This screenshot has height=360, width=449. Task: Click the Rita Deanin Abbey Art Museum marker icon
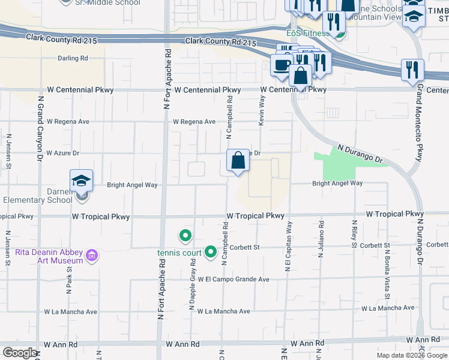click(92, 256)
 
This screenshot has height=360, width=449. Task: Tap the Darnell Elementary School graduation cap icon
click(82, 180)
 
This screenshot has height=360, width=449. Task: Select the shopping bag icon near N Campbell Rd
click(238, 160)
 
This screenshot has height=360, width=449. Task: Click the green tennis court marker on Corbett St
click(210, 252)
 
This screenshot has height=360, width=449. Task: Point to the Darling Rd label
click(73, 58)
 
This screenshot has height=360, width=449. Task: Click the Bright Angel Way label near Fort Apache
click(132, 185)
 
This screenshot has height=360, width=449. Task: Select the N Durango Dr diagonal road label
click(360, 154)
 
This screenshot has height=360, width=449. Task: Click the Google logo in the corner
click(20, 353)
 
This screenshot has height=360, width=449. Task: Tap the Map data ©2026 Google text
click(412, 355)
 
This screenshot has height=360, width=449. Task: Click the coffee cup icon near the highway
click(281, 64)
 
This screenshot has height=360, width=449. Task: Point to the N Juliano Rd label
click(322, 242)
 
